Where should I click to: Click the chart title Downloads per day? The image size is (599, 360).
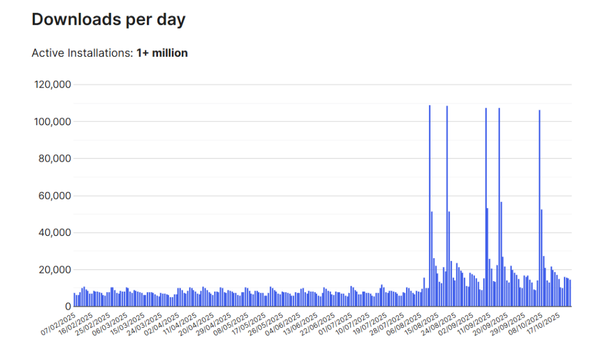pos(108,19)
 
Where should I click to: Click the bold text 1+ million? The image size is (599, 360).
pos(162,53)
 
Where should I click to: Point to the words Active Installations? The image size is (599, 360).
pos(82,53)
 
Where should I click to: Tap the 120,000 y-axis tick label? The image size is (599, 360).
pos(53,84)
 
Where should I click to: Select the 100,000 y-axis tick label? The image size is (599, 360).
pos(53,122)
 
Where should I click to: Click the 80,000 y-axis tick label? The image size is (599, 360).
pos(56,159)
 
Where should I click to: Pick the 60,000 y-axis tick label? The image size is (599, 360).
pos(56,196)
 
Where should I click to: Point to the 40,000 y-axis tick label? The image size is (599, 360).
pos(56,232)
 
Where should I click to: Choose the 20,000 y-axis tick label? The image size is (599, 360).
pos(56,270)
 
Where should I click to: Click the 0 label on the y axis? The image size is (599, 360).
pos(68,307)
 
